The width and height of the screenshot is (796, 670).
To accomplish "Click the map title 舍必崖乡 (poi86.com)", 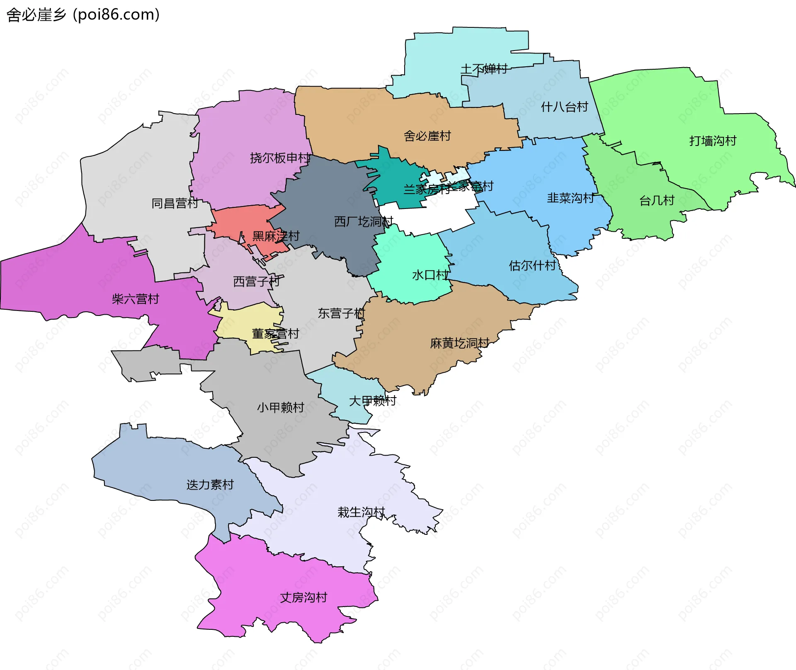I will click(x=83, y=15).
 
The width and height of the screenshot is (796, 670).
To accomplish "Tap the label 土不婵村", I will click(x=484, y=69).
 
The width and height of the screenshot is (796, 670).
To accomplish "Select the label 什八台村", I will click(x=564, y=107).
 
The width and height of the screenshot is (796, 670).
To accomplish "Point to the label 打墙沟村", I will click(x=713, y=141).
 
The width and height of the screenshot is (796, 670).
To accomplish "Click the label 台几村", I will click(x=657, y=201).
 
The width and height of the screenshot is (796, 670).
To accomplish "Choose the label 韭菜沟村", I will click(x=570, y=198).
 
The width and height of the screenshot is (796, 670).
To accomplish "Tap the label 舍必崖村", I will click(x=427, y=136).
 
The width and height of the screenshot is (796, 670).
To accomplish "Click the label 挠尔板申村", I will click(x=280, y=158).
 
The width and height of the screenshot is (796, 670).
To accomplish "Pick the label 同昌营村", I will click(x=175, y=204).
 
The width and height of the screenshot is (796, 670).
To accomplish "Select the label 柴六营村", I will click(x=135, y=299).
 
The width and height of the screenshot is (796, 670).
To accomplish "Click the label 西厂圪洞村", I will click(x=363, y=222).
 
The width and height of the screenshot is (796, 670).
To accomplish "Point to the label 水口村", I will click(x=430, y=275).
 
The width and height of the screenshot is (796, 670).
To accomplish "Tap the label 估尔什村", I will click(x=532, y=265).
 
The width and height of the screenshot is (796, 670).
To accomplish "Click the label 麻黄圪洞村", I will click(x=459, y=343).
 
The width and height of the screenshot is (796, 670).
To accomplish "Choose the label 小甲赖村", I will click(x=280, y=408).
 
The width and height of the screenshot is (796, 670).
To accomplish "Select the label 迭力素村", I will click(x=210, y=485).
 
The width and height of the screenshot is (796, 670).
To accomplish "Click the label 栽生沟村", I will click(x=361, y=512).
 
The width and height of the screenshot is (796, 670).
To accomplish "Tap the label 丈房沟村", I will click(x=303, y=597).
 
